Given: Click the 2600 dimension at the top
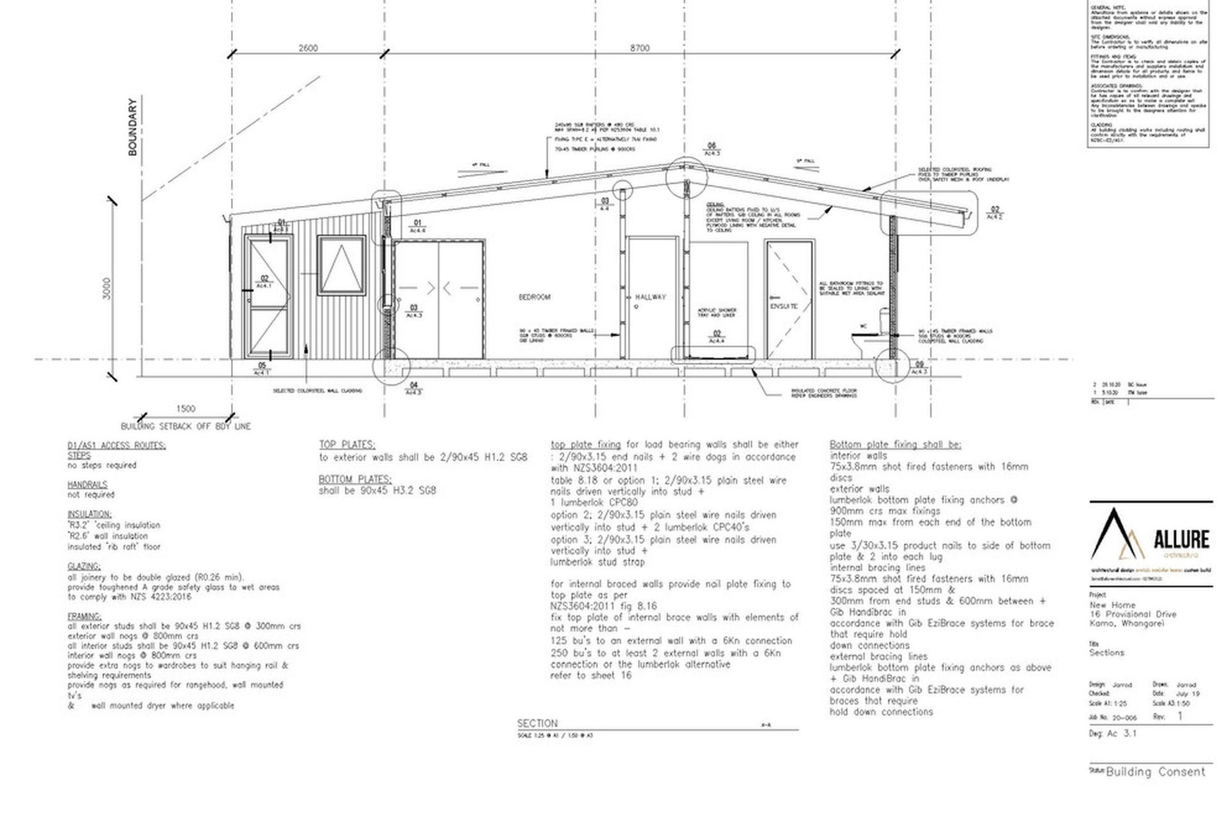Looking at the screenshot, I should [x=308, y=48].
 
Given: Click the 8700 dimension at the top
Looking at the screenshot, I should [x=639, y=48].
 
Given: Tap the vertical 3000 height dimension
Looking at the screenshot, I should [x=107, y=288].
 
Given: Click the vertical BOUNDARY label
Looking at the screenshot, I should [x=133, y=127].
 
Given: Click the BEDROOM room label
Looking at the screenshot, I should [x=535, y=298].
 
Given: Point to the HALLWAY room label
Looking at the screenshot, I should [x=650, y=298].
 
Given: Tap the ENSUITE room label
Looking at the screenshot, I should [x=783, y=306].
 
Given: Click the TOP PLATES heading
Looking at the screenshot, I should [x=347, y=444].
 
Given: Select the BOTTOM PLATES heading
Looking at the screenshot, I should [x=355, y=479].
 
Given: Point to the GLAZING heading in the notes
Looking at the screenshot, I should [x=84, y=566].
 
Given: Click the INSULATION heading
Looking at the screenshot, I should [x=89, y=514].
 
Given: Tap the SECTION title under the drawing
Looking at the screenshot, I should [x=537, y=723].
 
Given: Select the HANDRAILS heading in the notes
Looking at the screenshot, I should [x=87, y=485].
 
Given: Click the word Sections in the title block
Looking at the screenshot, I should [x=1106, y=653].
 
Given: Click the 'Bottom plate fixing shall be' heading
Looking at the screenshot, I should [x=895, y=444].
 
